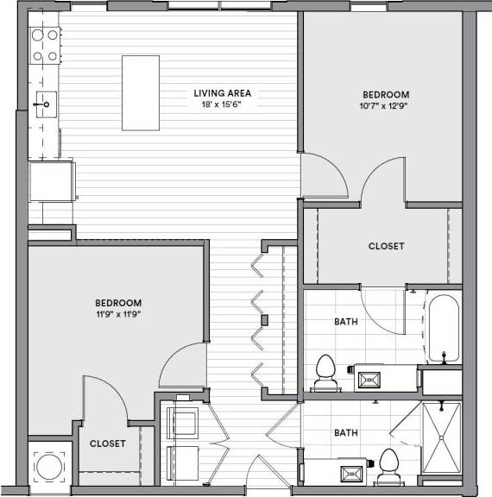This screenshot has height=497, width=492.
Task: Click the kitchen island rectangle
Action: click(141, 92)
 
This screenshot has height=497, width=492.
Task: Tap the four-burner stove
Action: click(44, 46)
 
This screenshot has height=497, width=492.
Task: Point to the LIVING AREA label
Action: click(222, 93)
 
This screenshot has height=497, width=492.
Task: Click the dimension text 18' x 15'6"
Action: click(222, 104)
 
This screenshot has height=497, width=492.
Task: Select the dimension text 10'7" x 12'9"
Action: click(386, 106)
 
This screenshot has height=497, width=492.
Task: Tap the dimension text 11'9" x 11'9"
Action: click(118, 314)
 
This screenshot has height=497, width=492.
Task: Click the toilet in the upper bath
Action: click(325, 369)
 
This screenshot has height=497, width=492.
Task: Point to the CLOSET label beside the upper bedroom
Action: click(386, 246)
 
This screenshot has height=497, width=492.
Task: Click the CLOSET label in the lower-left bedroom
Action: click(108, 444)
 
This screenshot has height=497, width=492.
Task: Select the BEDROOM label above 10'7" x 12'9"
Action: click(386, 94)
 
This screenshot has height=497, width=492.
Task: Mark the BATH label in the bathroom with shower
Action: click(347, 432)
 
